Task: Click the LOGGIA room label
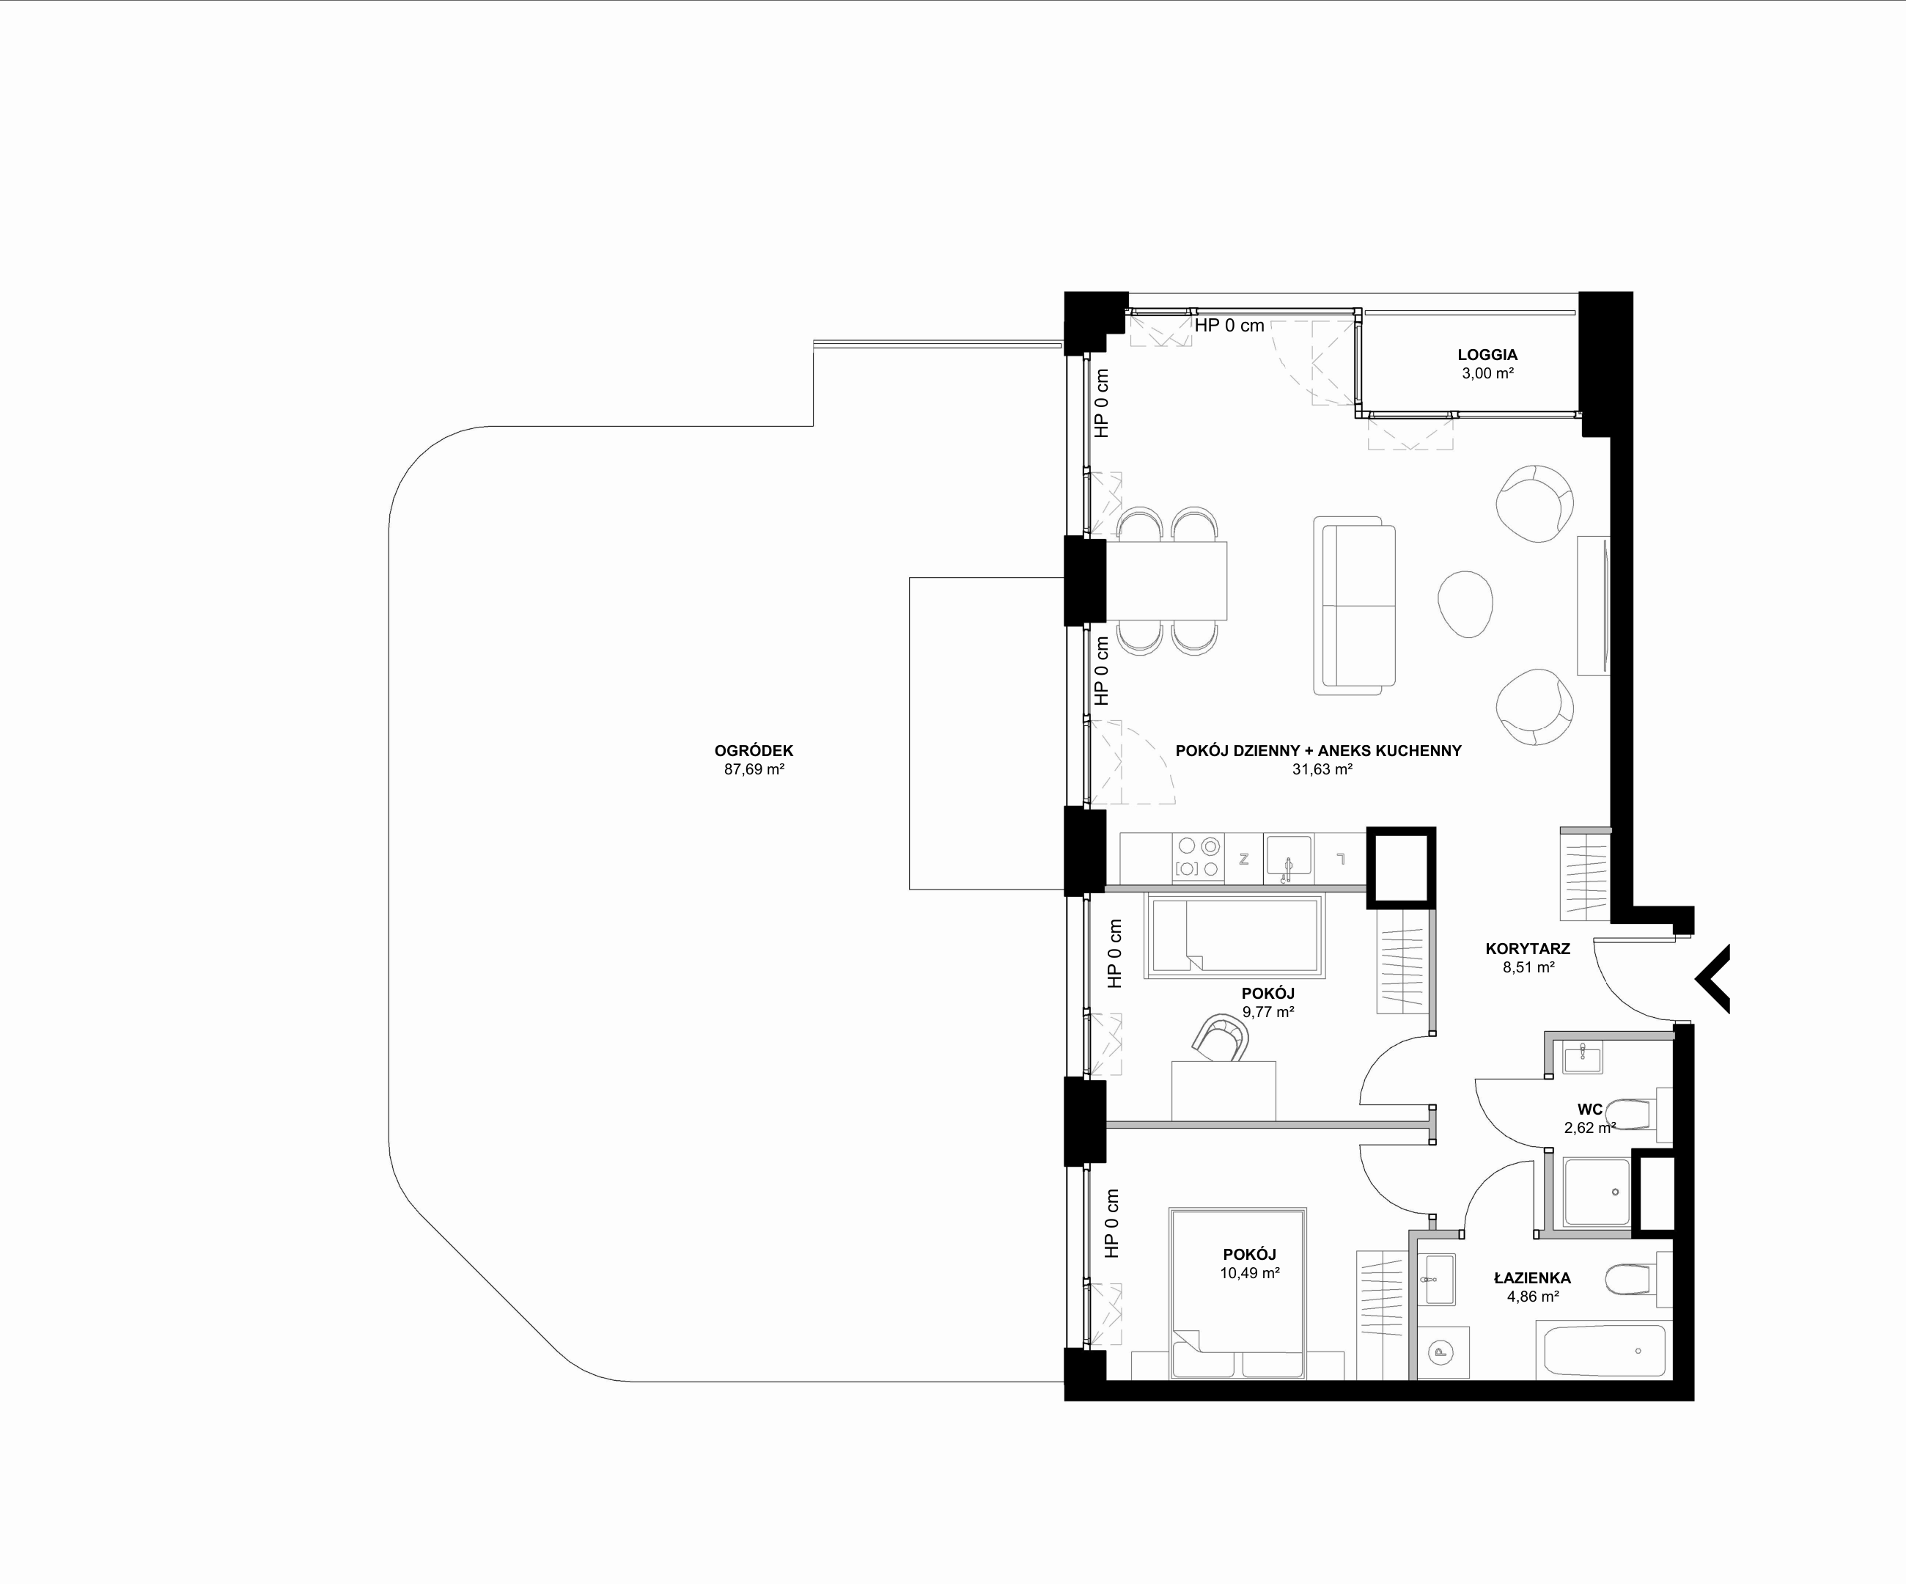[x=1487, y=355]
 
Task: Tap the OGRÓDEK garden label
[x=754, y=751]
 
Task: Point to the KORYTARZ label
[x=1528, y=949]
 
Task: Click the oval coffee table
[x=1465, y=604]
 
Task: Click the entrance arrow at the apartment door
[x=1712, y=978]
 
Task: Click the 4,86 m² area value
[x=1533, y=1297]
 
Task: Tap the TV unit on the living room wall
[x=1593, y=606]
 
